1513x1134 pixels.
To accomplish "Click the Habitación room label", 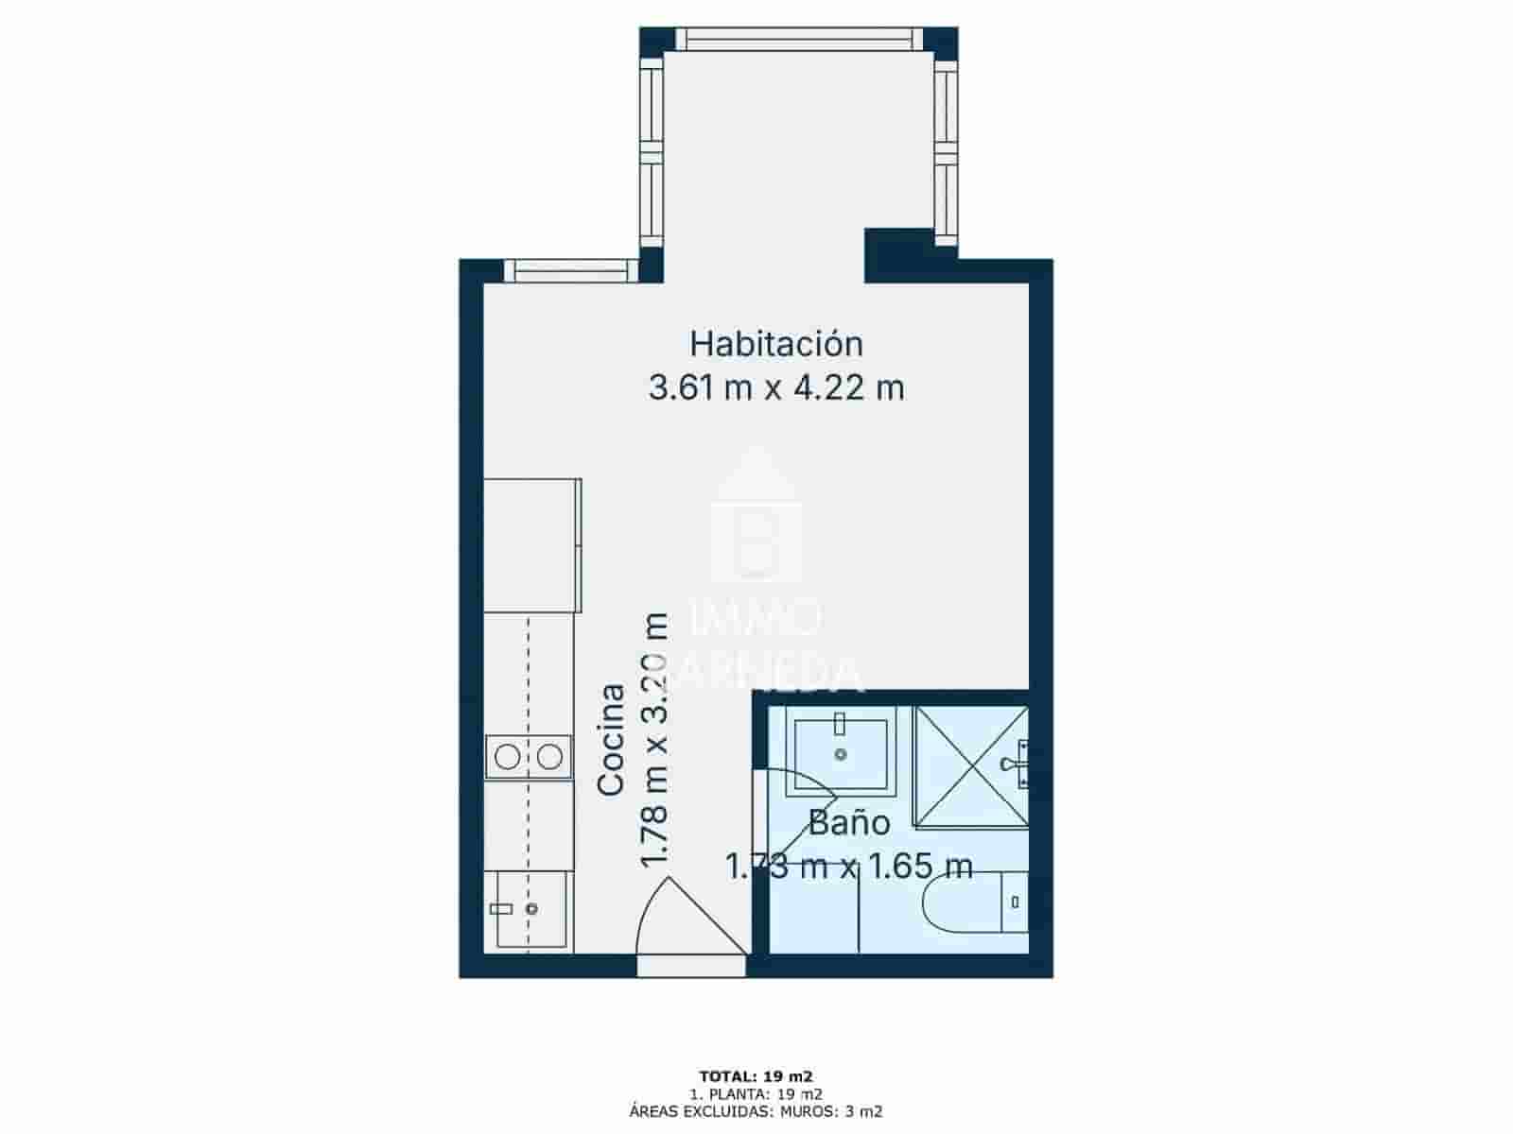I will click(x=775, y=343).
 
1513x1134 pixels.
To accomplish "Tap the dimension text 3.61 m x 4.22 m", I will click(x=775, y=387).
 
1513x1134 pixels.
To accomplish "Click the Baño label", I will click(x=848, y=823).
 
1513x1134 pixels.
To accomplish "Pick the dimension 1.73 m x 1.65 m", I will click(x=848, y=866).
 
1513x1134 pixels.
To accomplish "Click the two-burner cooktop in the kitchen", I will click(x=529, y=756).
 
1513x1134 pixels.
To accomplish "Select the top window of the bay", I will click(x=799, y=39).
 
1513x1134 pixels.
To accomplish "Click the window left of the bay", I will click(x=572, y=270).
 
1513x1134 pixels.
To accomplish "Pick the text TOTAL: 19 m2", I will click(x=756, y=1075).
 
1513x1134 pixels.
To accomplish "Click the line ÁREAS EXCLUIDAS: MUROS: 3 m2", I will click(x=756, y=1112).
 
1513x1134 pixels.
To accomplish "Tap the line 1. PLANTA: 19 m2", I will click(x=756, y=1094).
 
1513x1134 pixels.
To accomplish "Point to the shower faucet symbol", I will click(x=1016, y=764).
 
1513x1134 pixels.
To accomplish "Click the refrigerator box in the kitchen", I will click(x=531, y=545).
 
